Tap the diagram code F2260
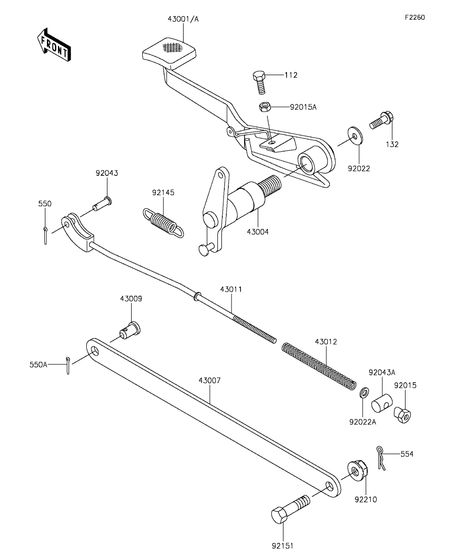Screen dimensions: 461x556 pos(415,17)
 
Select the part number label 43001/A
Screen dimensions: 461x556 pos(183,19)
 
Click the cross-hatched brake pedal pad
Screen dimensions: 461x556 pos(169,52)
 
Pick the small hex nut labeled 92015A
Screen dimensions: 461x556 pos(263,107)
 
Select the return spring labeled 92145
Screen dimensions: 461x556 pos(163,223)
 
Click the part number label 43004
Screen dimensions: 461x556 pos(258,232)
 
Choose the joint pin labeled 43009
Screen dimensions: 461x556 pos(130,330)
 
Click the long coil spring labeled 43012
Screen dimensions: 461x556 pos(319,365)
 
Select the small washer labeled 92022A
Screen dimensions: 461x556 pos(364,393)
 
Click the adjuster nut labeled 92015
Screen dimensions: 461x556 pos(402,414)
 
